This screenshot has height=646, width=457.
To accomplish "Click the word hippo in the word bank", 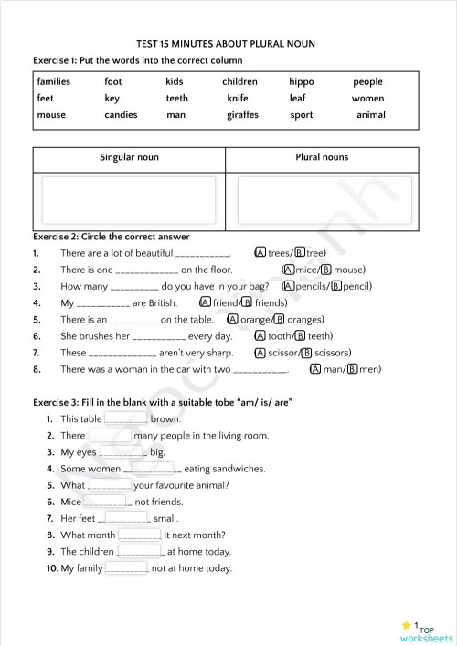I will pos(301,81).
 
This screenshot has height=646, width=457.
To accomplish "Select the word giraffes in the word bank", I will pos(242,115).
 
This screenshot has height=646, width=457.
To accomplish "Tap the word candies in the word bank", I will pos(121,115).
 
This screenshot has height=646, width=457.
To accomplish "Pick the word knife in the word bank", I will pos(237,98).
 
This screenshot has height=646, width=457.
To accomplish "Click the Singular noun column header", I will pos(129,157).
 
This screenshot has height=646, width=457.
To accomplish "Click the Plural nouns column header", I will pos(322,157).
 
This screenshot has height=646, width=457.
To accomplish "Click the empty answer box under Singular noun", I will pos(129,200).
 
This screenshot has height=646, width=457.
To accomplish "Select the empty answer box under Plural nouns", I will pos(322,200).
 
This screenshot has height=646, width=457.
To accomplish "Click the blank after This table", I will pos(126,418).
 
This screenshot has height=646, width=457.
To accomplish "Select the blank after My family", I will pos(126,568).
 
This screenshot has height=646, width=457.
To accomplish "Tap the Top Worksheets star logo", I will pos(409,626).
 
